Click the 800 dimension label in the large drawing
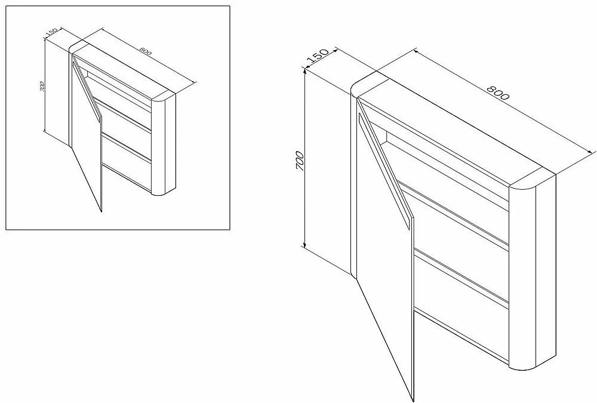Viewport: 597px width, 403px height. (498, 93)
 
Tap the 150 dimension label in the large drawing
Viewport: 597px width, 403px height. (318, 56)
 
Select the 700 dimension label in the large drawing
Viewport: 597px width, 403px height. (300, 161)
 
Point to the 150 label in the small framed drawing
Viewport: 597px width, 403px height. (51, 33)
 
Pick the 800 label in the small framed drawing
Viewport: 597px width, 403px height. (146, 51)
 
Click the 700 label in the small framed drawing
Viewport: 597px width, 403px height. (42, 87)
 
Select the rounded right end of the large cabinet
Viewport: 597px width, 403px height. (533, 270)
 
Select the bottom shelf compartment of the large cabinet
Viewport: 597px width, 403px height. (461, 304)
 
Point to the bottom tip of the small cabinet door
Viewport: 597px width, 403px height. (101, 211)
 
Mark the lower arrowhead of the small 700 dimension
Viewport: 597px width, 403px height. (45, 131)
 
